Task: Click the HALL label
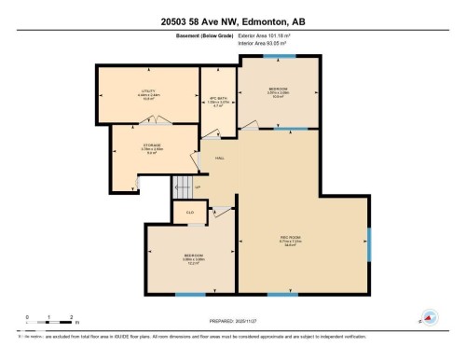coord(220,159)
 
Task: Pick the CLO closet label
coord(189,213)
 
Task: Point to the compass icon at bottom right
coord(430,317)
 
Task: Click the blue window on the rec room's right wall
coord(370,242)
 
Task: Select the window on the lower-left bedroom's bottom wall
coord(190,296)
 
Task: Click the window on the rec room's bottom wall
coord(282,296)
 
